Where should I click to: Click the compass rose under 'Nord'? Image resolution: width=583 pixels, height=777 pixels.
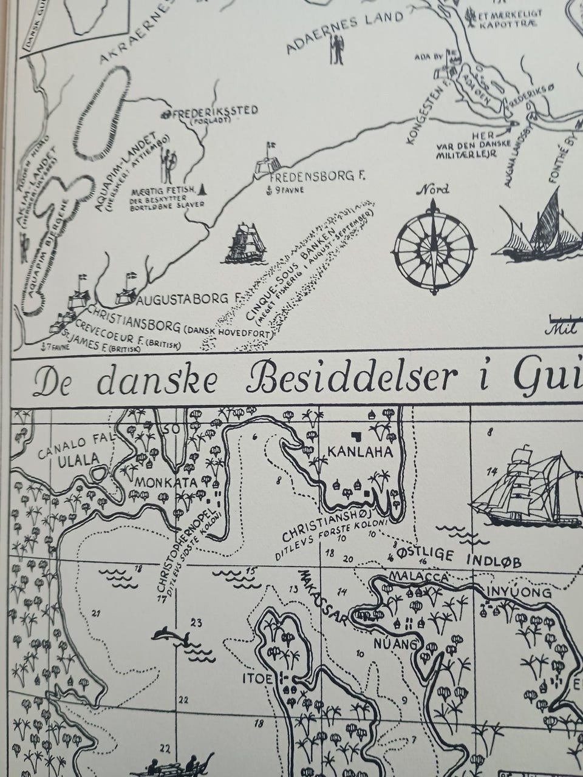coord(434,249)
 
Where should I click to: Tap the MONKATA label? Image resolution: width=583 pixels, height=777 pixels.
coord(167,483)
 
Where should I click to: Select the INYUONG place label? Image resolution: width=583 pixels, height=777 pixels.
coord(516,592)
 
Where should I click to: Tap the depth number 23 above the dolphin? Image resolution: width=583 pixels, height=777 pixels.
coord(196,622)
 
